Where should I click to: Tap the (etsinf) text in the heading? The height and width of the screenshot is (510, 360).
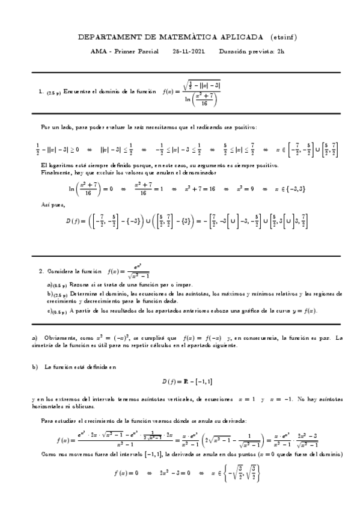click(283, 37)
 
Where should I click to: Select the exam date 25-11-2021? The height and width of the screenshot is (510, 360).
click(188, 51)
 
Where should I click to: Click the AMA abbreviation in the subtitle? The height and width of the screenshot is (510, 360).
click(97, 51)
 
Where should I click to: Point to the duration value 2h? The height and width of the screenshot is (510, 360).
click(279, 51)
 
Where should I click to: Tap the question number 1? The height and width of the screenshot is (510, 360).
click(40, 92)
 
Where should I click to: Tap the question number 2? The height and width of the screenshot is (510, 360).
click(40, 271)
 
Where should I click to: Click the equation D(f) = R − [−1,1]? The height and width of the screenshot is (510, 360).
click(187, 382)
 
